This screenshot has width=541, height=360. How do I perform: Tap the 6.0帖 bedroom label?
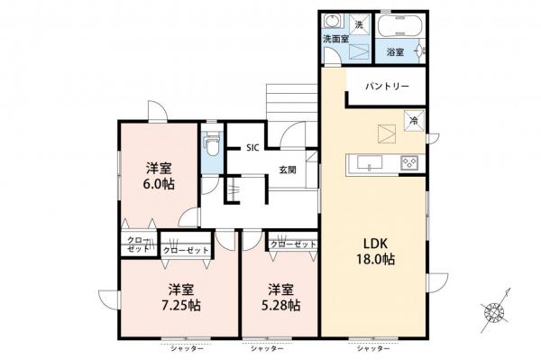pyautogui.click(x=159, y=175)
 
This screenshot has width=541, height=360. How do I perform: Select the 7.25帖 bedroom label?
pyautogui.click(x=182, y=297)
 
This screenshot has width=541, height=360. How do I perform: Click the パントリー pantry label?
pyautogui.click(x=387, y=87)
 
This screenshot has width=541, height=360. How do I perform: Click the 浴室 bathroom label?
pyautogui.click(x=395, y=52)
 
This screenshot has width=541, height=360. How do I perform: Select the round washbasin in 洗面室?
pyautogui.click(x=333, y=22)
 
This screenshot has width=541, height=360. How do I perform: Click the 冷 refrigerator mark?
pyautogui.click(x=414, y=119)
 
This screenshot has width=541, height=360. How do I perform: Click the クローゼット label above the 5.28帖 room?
pyautogui.click(x=294, y=245)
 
